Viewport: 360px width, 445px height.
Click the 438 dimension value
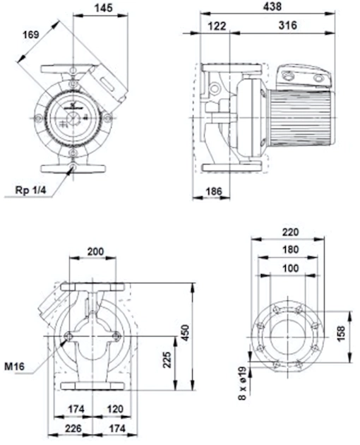pos(272,7)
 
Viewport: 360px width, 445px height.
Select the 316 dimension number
pos(288,25)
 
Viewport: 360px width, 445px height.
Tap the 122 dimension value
pos(217,26)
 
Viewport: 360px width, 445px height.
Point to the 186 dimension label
pos(214,191)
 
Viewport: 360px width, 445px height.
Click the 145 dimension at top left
pos(104,8)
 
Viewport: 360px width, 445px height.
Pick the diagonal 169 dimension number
pos(31,35)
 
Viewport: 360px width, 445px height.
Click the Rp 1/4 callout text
pos(30,190)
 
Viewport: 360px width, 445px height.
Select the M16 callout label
pos(14,367)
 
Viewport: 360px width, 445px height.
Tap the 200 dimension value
pos(95,251)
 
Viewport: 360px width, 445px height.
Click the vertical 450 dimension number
pos(185,333)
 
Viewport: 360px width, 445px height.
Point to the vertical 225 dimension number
pos(168,360)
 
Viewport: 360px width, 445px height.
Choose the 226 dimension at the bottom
pos(73,428)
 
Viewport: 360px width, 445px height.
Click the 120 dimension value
pos(115,409)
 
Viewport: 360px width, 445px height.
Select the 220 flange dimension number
pos(291,232)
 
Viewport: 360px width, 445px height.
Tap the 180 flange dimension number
pos(291,249)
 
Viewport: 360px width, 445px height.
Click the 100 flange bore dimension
pos(291,268)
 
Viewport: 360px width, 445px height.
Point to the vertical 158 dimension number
pos(341,333)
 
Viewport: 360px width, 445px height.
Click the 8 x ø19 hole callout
pos(242,383)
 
